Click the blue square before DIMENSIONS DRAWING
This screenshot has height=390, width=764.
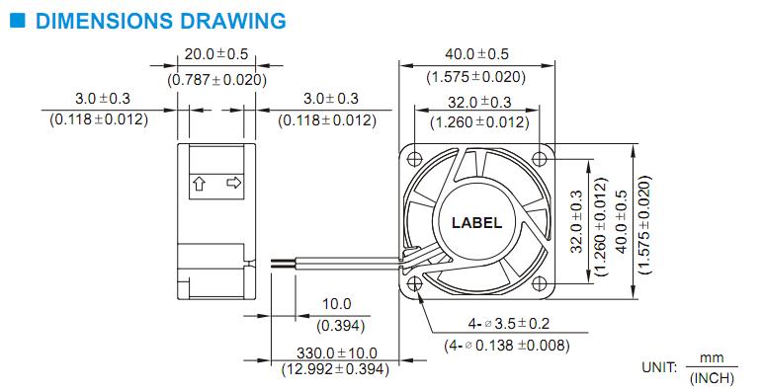point(17,20)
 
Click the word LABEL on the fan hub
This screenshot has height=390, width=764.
point(476,223)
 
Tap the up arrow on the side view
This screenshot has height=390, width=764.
point(200,184)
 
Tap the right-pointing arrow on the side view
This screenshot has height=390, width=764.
point(234,183)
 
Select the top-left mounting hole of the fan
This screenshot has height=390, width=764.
point(415,158)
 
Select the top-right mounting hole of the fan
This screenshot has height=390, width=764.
point(539,158)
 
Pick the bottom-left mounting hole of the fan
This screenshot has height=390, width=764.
point(415,283)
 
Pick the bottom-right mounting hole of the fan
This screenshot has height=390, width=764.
point(539,283)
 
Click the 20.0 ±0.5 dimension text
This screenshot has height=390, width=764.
point(216,54)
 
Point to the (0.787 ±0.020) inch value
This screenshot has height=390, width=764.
point(216,79)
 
